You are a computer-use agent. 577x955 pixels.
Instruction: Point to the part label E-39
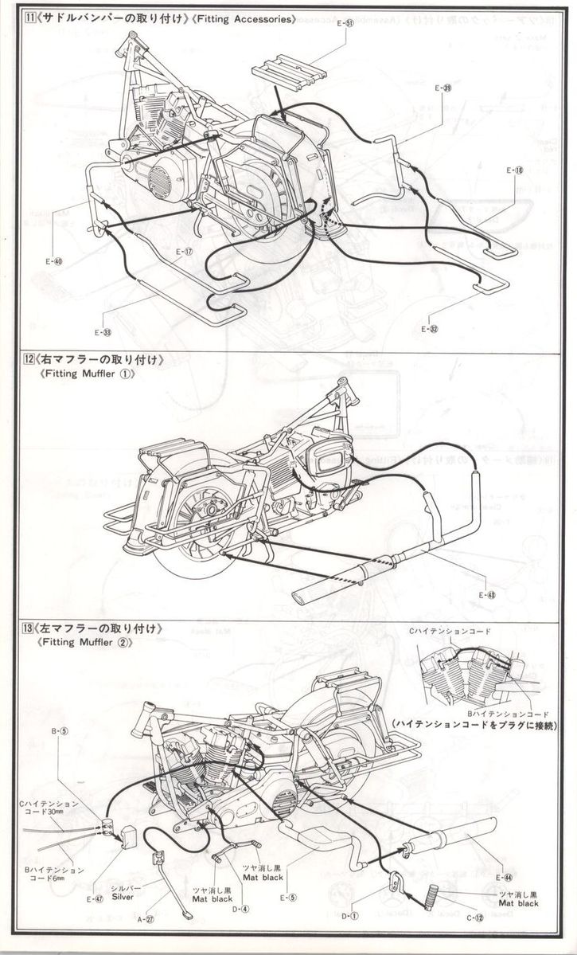pos(443,88)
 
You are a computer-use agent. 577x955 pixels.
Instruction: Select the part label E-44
pos(503,877)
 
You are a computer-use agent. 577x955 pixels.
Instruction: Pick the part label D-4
pos(240,908)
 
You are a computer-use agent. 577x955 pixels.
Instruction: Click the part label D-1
pos(350,917)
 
